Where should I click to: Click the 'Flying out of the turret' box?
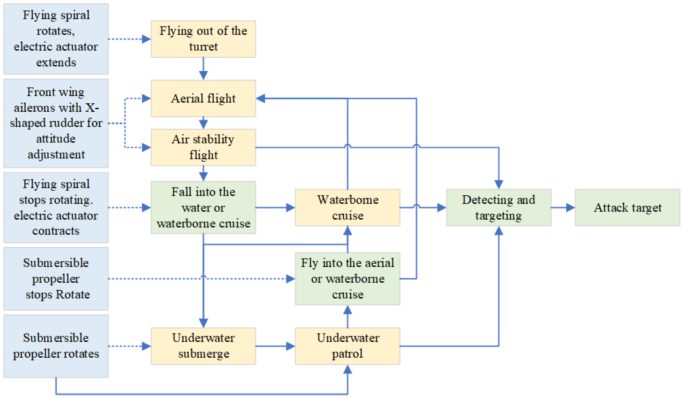coord(203,39)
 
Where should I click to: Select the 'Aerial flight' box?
coord(203,98)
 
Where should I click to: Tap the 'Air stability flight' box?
coord(203,147)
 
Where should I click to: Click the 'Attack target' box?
coord(627,208)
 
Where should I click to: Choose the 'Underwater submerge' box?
coord(203,346)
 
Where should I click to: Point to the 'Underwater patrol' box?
coord(347,346)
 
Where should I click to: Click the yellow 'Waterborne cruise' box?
coord(347,208)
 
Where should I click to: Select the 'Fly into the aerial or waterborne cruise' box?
coord(347,279)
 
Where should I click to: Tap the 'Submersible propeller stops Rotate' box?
coord(56,279)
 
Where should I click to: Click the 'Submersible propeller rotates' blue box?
coord(56,346)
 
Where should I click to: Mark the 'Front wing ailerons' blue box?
coord(56,123)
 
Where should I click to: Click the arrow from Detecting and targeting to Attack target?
coord(563,208)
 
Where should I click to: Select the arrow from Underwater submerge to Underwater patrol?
coord(275,346)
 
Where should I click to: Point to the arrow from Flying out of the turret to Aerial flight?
coord(203,68)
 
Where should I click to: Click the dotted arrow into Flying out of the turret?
coord(129,39)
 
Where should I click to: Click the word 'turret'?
coord(203,47)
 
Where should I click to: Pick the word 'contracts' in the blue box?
coord(56,231)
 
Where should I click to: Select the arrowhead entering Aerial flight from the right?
coord(261,98)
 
